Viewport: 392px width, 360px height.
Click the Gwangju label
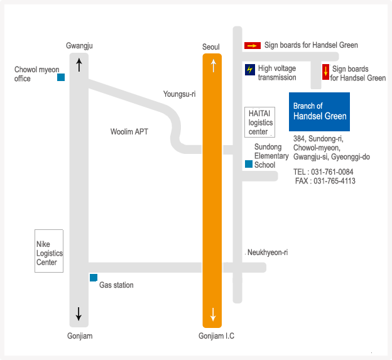tap(79, 46)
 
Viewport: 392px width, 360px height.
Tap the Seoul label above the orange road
tap(211, 48)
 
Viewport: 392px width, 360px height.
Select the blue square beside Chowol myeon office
tap(61, 77)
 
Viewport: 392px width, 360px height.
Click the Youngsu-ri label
tap(180, 94)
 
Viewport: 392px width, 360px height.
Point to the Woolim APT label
tap(129, 132)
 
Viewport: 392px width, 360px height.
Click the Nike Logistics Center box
tap(49, 251)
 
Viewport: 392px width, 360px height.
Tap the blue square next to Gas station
tap(94, 278)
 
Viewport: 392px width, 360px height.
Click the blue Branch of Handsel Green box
tap(319, 112)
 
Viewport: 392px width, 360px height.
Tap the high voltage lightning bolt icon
tap(250, 69)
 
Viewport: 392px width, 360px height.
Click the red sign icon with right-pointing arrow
tap(252, 45)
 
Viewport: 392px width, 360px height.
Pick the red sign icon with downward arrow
tap(325, 71)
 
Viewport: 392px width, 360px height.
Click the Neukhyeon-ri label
tap(268, 253)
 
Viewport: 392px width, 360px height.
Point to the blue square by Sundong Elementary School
tap(249, 164)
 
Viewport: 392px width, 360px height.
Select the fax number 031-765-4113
tap(334, 181)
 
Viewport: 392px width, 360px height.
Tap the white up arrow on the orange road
tap(213, 65)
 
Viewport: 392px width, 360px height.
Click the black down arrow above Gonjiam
tap(79, 313)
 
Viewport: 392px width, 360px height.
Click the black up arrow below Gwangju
tap(79, 64)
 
